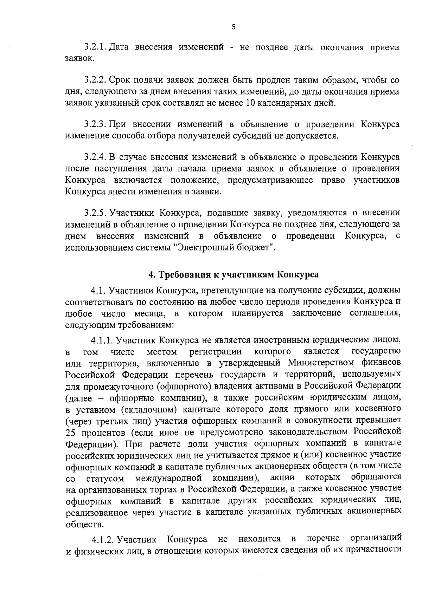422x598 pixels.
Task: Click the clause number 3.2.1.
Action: [95, 47]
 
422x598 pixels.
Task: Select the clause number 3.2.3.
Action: [95, 124]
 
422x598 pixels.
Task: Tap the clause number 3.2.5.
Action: [95, 213]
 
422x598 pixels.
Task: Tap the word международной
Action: [168, 479]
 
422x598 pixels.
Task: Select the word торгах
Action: [171, 489]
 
